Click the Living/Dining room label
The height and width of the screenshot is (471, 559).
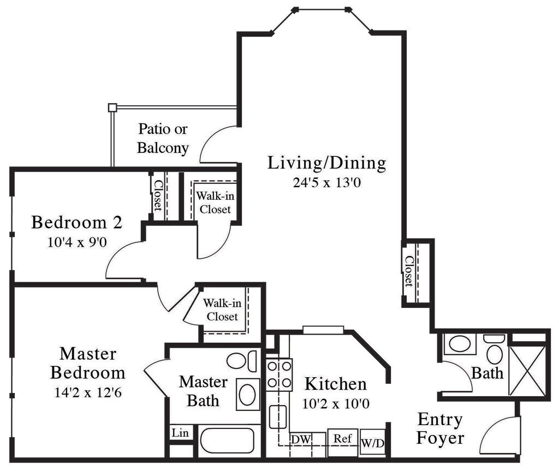pyautogui.click(x=326, y=163)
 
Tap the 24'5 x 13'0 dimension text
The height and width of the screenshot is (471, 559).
pyautogui.click(x=326, y=182)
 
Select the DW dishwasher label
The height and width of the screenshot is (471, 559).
pyautogui.click(x=301, y=439)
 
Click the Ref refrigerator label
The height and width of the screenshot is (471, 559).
pyautogui.click(x=343, y=438)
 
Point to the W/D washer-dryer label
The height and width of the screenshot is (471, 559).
pyautogui.click(x=372, y=443)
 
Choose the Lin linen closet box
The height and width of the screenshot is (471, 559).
pyautogui.click(x=180, y=433)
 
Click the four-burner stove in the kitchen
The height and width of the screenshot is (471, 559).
pyautogui.click(x=279, y=375)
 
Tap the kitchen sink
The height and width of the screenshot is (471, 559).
pyautogui.click(x=278, y=417)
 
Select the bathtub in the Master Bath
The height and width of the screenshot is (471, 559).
pyautogui.click(x=227, y=440)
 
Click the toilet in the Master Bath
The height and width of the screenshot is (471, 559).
pyautogui.click(x=242, y=361)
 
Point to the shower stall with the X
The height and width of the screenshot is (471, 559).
pyautogui.click(x=527, y=371)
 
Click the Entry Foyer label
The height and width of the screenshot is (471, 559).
pyautogui.click(x=440, y=428)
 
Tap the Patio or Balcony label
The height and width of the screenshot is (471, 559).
pyautogui.click(x=163, y=138)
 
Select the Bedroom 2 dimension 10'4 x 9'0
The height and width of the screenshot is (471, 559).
pyautogui.click(x=78, y=242)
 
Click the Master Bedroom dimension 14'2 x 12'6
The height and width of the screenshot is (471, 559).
pyautogui.click(x=88, y=392)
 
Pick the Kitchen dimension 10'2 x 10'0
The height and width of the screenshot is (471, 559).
pyautogui.click(x=336, y=404)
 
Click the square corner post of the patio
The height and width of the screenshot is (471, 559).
pyautogui.click(x=112, y=108)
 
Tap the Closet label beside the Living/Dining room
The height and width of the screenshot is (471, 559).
pyautogui.click(x=409, y=271)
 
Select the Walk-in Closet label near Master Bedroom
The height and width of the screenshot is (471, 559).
pyautogui.click(x=222, y=310)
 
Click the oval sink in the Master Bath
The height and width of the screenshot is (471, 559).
pyautogui.click(x=247, y=394)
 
